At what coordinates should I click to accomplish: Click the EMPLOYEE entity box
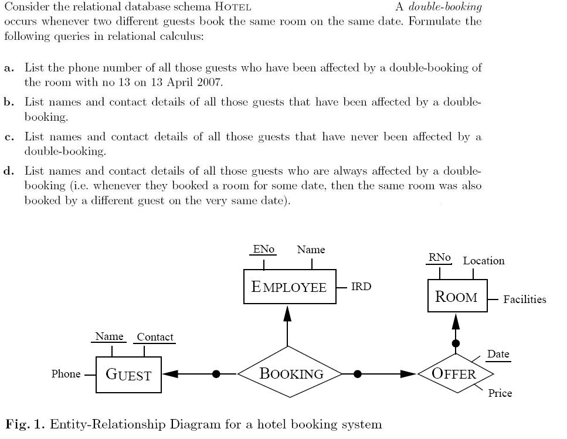pyautogui.click(x=290, y=287)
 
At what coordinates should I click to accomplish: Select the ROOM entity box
pyautogui.click(x=457, y=297)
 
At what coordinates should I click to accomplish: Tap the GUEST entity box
pyautogui.click(x=128, y=375)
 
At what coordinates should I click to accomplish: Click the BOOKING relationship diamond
pyautogui.click(x=291, y=373)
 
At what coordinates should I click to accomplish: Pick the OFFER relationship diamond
pyautogui.click(x=454, y=373)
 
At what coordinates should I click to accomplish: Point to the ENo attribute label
pyautogui.click(x=264, y=249)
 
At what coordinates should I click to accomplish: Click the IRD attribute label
pyautogui.click(x=361, y=287)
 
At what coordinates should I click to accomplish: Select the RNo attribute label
pyautogui.click(x=440, y=257)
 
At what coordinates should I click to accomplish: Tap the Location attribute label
pyautogui.click(x=484, y=261)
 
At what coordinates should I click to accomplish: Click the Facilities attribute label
pyautogui.click(x=524, y=300)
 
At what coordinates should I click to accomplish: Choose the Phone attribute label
pyautogui.click(x=66, y=374)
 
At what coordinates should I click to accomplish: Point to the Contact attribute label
pyautogui.click(x=155, y=337)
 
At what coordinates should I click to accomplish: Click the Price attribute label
pyautogui.click(x=500, y=393)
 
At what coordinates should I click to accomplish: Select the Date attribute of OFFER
pyautogui.click(x=498, y=354)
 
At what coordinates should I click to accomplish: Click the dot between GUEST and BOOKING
pyautogui.click(x=216, y=373)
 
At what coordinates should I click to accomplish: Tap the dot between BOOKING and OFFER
pyautogui.click(x=358, y=373)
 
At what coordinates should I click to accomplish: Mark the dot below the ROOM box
pyautogui.click(x=456, y=343)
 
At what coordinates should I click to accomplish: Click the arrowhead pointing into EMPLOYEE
pyautogui.click(x=287, y=313)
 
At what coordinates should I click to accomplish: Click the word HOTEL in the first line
pyautogui.click(x=233, y=7)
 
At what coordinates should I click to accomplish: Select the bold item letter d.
pyautogui.click(x=9, y=171)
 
